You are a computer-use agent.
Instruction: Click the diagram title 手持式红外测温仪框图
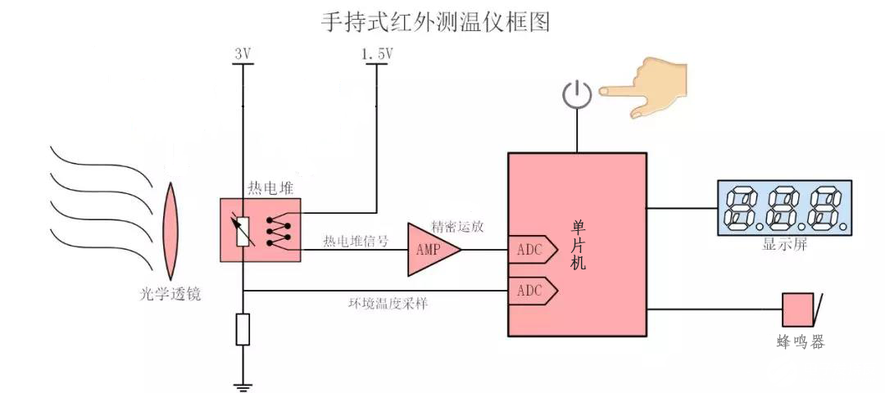pyautogui.click(x=434, y=22)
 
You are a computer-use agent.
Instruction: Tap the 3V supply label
pyautogui.click(x=243, y=54)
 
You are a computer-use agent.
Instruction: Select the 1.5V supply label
pyautogui.click(x=377, y=54)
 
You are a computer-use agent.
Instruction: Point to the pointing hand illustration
pyautogui.click(x=647, y=86)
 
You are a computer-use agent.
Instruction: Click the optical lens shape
pyautogui.click(x=171, y=232)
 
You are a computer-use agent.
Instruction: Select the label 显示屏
pyautogui.click(x=783, y=244)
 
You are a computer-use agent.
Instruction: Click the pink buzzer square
pyautogui.click(x=796, y=310)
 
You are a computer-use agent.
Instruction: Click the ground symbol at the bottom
pyautogui.click(x=243, y=385)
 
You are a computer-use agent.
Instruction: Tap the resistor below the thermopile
pyautogui.click(x=243, y=329)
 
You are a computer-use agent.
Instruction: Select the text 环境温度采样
pyautogui.click(x=388, y=303)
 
